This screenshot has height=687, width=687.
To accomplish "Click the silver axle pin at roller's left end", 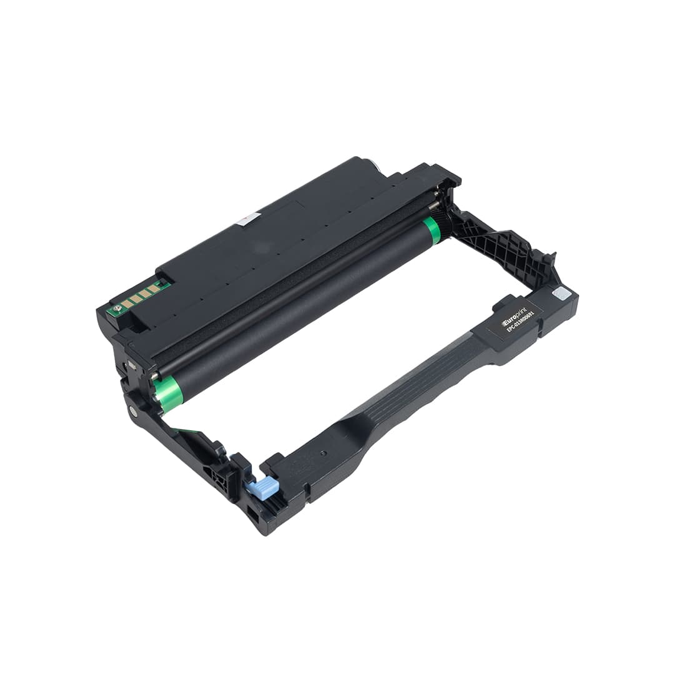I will [x=152, y=376].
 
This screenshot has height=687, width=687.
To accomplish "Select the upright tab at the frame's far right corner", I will [x=550, y=258].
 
